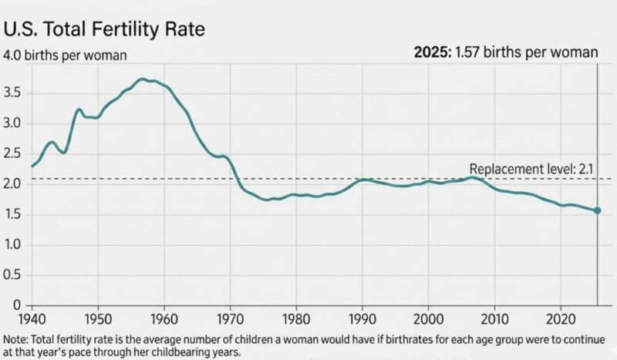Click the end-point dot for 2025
click(597, 210)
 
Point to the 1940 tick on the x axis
click(32, 318)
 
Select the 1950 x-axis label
click(96, 318)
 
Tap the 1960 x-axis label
click(162, 318)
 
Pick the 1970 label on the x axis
click(228, 318)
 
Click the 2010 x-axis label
click(491, 318)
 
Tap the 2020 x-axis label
click(557, 318)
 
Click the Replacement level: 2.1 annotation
click(533, 169)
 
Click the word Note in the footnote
click(16, 338)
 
